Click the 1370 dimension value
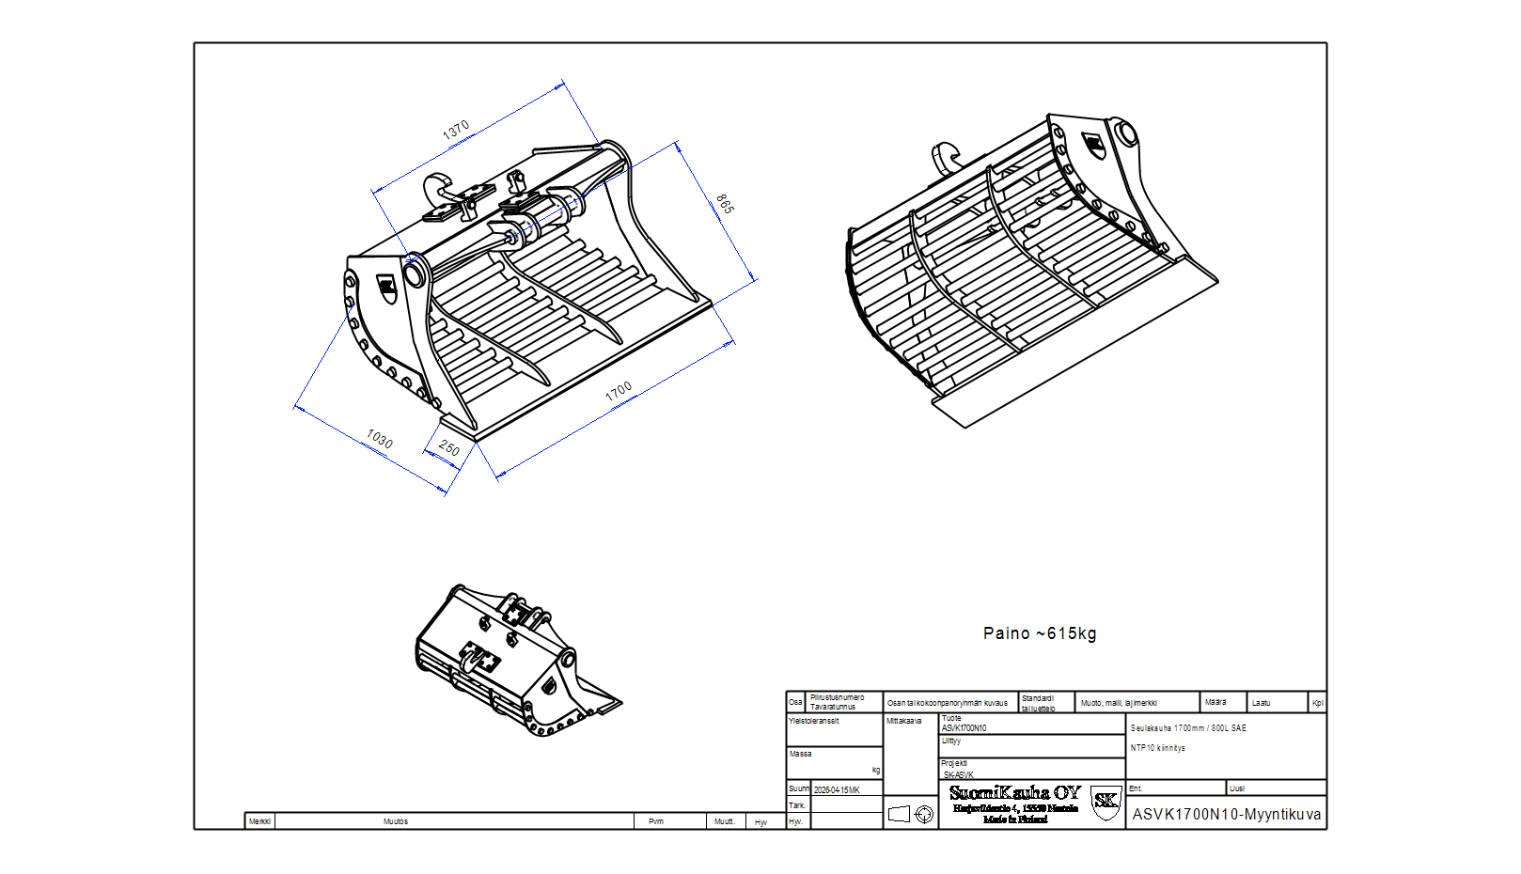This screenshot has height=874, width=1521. click(x=456, y=131)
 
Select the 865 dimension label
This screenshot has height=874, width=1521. click(x=724, y=204)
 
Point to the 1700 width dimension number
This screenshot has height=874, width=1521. click(x=619, y=391)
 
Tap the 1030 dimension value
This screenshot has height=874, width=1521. click(x=380, y=438)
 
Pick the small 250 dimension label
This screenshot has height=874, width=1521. click(x=449, y=449)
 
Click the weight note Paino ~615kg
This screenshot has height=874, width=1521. click(x=1040, y=633)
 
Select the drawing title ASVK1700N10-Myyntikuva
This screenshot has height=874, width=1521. click(x=1227, y=815)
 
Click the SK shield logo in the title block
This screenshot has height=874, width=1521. click(x=1105, y=802)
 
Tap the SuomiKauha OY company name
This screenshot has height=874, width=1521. click(x=1015, y=793)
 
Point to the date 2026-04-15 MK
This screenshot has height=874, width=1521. click(x=837, y=790)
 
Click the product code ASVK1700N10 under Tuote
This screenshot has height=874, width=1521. click(x=964, y=728)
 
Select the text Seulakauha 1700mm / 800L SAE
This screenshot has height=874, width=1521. click(x=1188, y=728)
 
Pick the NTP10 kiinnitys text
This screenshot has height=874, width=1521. click(x=1158, y=748)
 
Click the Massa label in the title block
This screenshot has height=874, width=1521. click(x=800, y=754)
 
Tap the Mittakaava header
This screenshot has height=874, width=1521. click(x=903, y=721)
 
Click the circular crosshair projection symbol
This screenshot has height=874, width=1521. click(x=925, y=815)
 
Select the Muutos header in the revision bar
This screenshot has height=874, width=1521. click(x=396, y=821)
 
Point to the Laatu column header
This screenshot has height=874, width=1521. click(x=1261, y=703)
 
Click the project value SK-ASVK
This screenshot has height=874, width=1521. click(x=959, y=775)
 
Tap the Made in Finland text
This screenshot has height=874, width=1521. click(x=1015, y=819)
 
